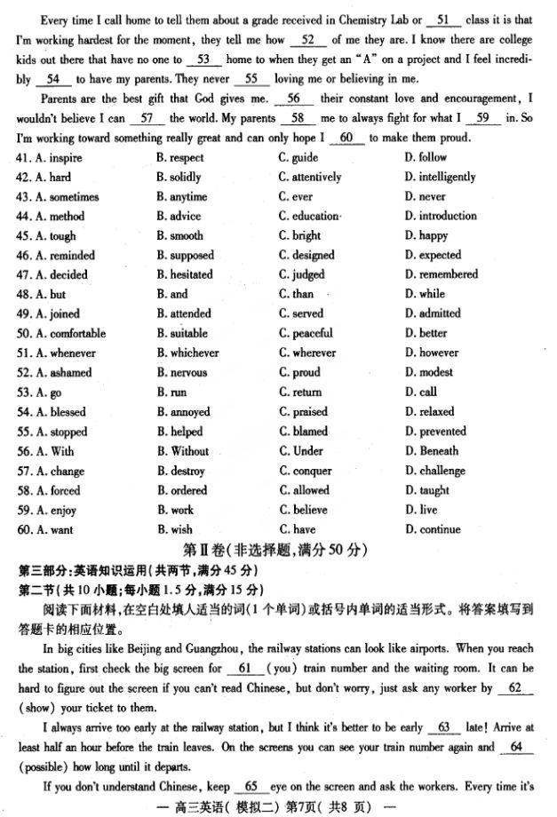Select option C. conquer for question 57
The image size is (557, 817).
click(306, 471)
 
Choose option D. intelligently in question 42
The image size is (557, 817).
click(441, 177)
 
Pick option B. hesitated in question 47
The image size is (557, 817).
click(185, 274)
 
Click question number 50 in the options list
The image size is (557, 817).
click(24, 333)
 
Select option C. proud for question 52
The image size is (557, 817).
click(299, 373)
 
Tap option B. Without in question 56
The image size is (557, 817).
click(183, 451)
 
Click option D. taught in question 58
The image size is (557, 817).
click(427, 490)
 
